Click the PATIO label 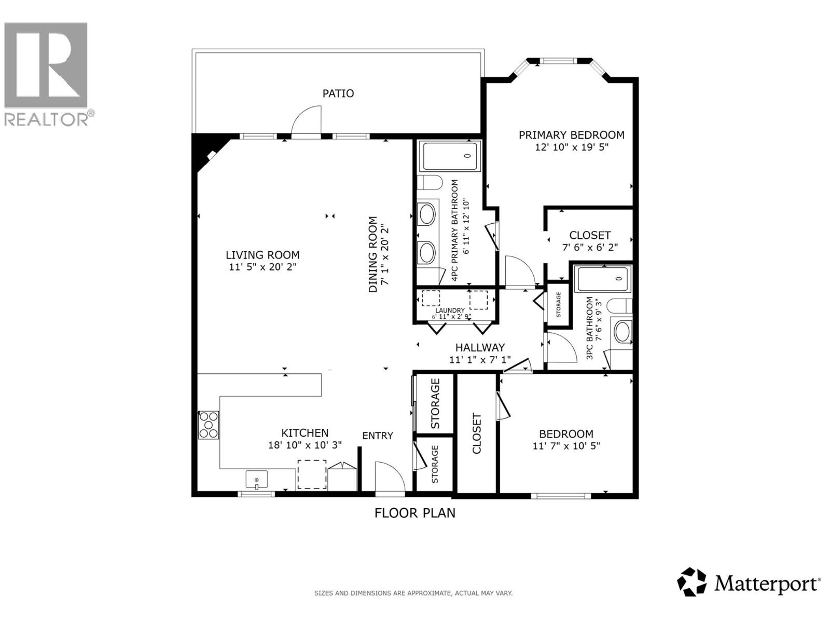338,93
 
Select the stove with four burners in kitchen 209,425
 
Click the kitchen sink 256,480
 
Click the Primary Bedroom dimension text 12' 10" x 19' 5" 571,147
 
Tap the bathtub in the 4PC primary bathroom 450,156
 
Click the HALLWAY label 480,348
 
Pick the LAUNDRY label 450,310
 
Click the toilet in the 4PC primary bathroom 430,183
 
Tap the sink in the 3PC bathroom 621,331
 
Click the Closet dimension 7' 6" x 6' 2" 590,247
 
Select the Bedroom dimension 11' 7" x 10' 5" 566,445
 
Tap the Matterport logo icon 691,582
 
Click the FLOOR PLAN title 414,513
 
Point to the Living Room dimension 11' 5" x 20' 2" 262,267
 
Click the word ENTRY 377,436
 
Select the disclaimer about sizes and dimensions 413,593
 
